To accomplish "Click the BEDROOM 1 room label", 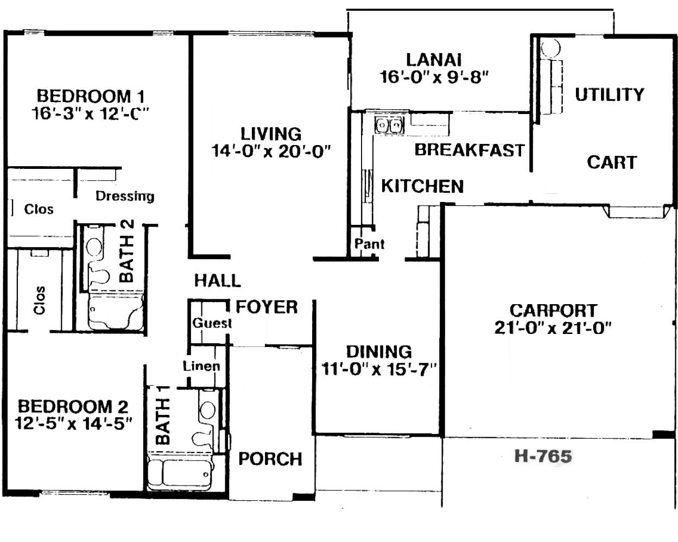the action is coord(91,96).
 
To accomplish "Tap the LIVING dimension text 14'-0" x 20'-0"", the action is coord(271,151).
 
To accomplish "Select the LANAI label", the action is coord(434,60).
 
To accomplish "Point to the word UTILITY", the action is coord(610,94).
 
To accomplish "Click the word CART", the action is coord(612,162).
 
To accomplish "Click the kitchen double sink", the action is coord(389,126).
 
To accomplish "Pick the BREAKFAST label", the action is coord(470,150).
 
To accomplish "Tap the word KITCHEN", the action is coord(422,186).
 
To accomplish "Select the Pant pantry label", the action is coord(369,244).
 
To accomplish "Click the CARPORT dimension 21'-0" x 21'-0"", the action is coord(553,328).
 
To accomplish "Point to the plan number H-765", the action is coord(543,456).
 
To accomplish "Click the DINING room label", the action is coord(379,351).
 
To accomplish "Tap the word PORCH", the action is coord(270,459).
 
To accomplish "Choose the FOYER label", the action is coord(267,307).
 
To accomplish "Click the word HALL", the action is coord(217,281).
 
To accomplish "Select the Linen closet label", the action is coord(201,366).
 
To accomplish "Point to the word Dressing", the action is coord(125,197).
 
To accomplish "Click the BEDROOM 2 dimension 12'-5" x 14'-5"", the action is coord(73,424).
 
